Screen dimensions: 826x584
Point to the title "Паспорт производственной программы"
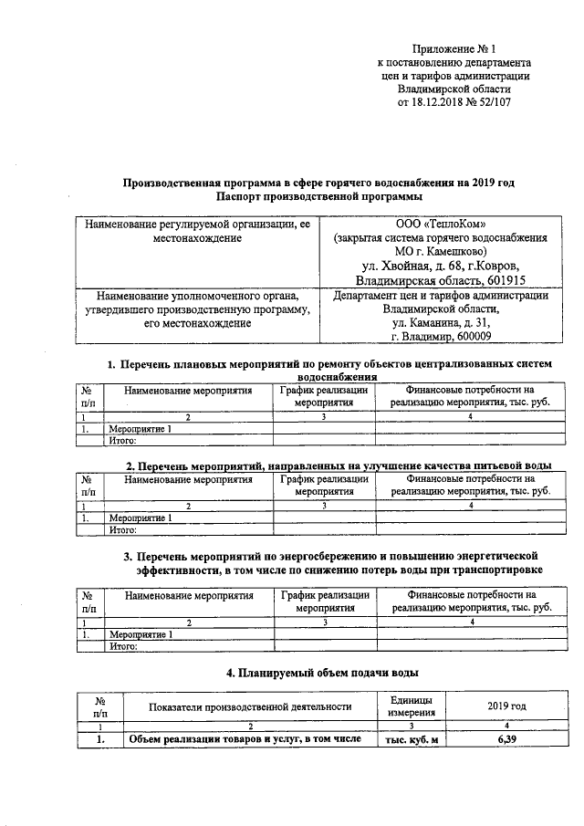(319, 196)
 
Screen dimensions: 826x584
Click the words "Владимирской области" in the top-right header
(454, 89)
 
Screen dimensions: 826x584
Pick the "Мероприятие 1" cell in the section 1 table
(141, 428)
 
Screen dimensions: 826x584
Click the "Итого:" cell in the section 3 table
(122, 646)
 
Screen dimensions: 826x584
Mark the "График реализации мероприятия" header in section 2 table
(325, 484)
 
